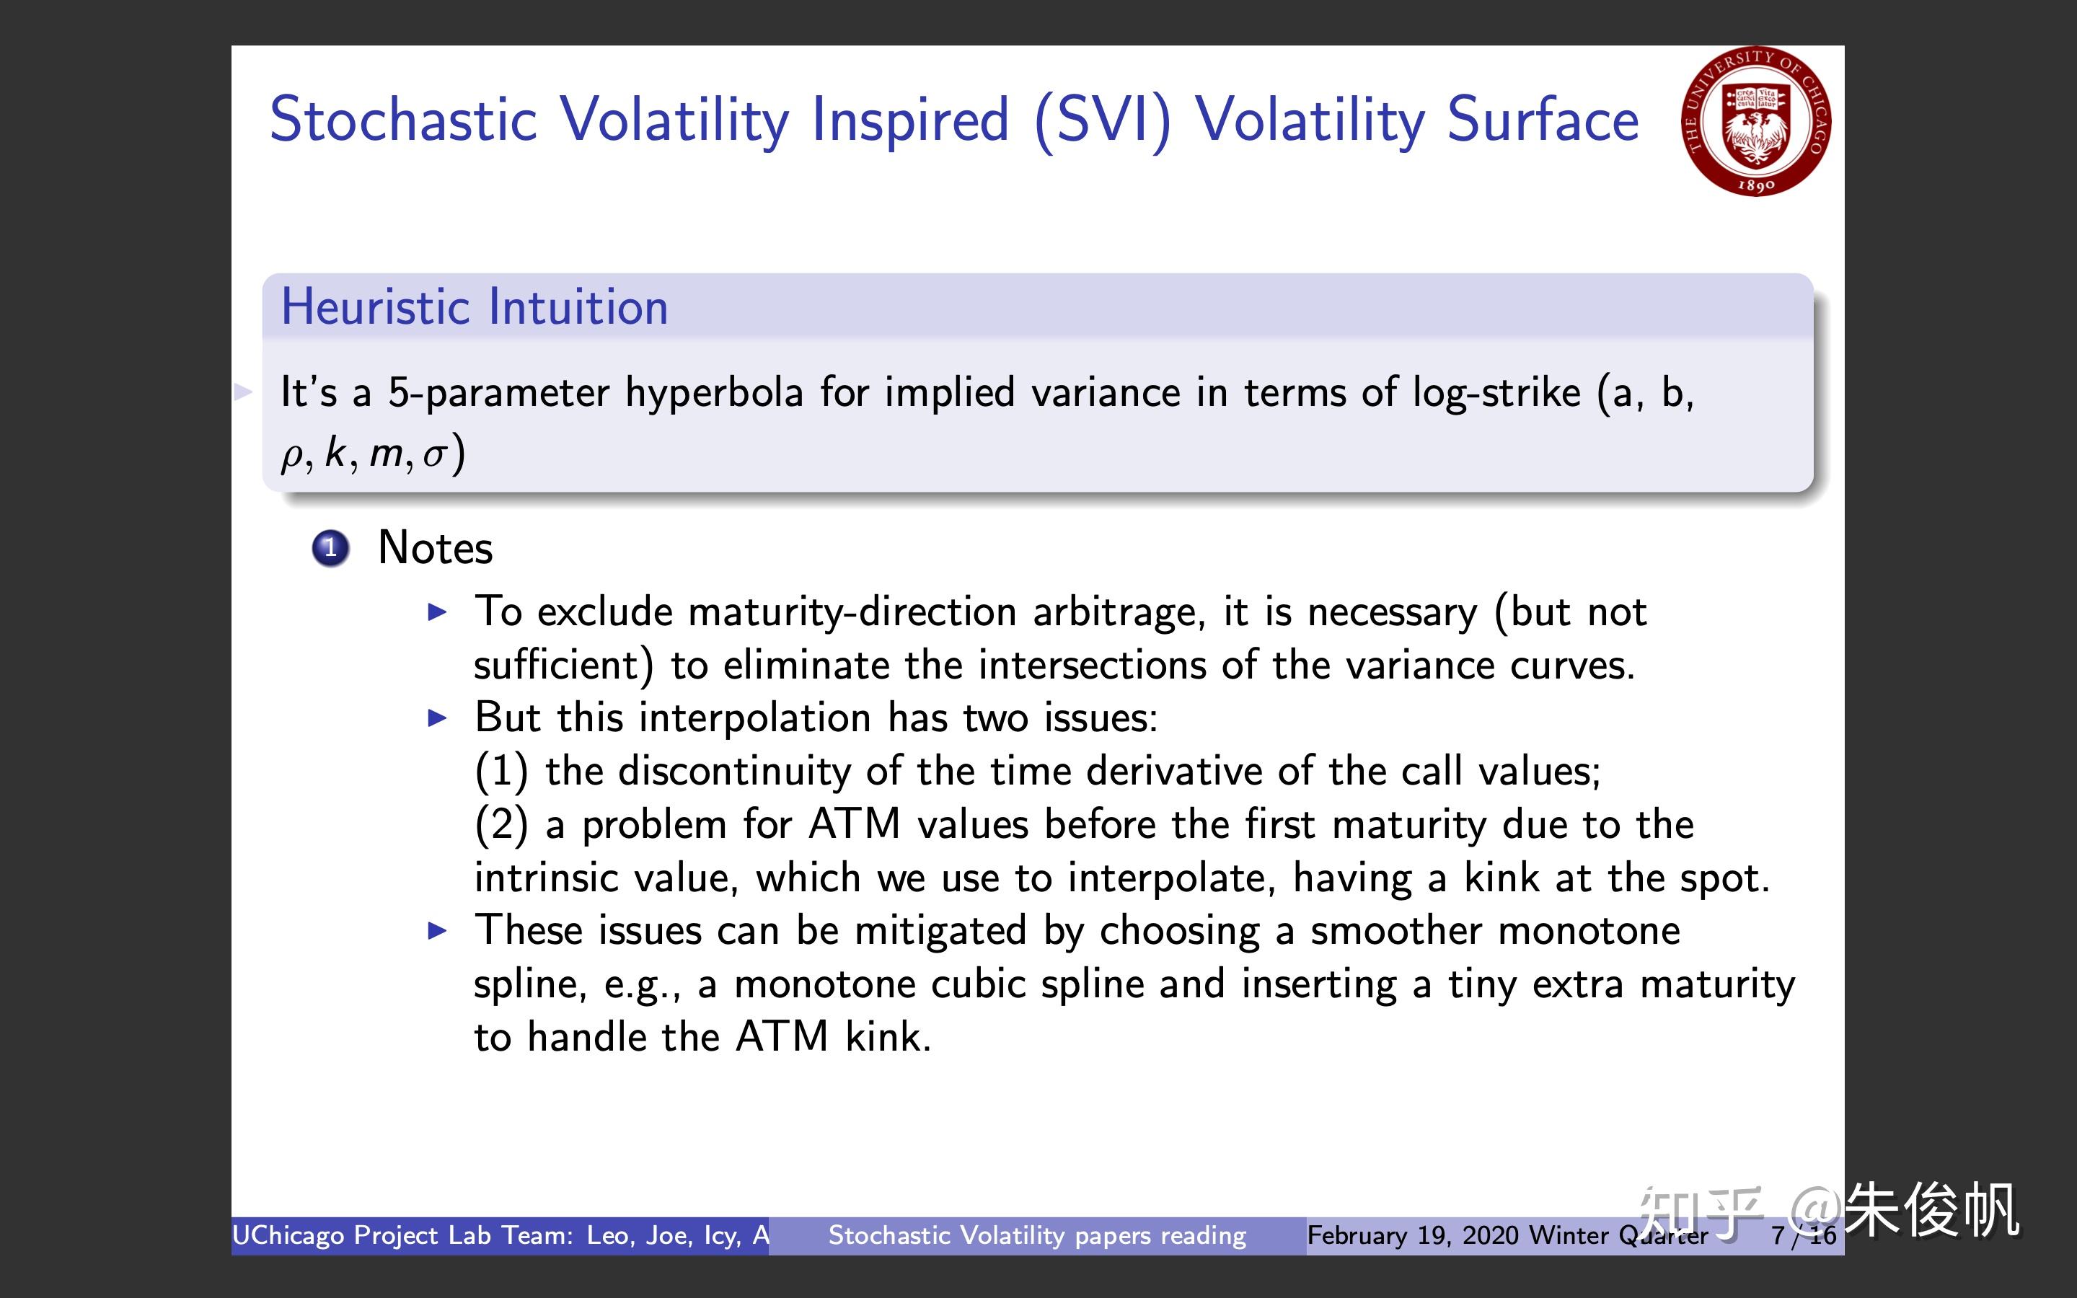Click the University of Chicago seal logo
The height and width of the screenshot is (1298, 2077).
coord(1756,121)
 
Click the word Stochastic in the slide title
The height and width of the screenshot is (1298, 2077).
coord(403,120)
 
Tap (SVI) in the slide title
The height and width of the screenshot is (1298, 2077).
coord(1103,120)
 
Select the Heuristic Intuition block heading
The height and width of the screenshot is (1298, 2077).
coord(475,307)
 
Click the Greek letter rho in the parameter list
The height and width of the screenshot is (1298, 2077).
coord(292,455)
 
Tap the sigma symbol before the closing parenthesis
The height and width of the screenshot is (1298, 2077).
coord(434,455)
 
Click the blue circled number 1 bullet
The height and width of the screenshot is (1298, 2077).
coord(330,549)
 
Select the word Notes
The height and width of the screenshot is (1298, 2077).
coord(435,548)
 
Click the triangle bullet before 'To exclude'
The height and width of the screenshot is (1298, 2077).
coord(438,612)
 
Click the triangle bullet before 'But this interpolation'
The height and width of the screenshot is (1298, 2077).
coord(438,718)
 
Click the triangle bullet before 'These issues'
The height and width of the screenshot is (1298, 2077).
coord(438,930)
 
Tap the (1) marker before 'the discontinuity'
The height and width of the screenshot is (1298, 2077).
coord(501,771)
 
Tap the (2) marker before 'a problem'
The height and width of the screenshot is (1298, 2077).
coord(501,824)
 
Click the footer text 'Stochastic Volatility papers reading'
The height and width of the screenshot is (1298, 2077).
coord(1037,1235)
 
